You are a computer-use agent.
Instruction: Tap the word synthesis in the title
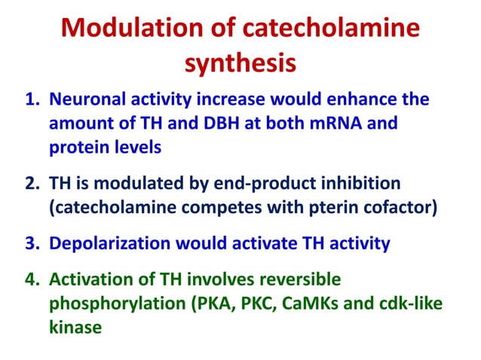point(240,63)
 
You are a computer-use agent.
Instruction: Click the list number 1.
point(33,100)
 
